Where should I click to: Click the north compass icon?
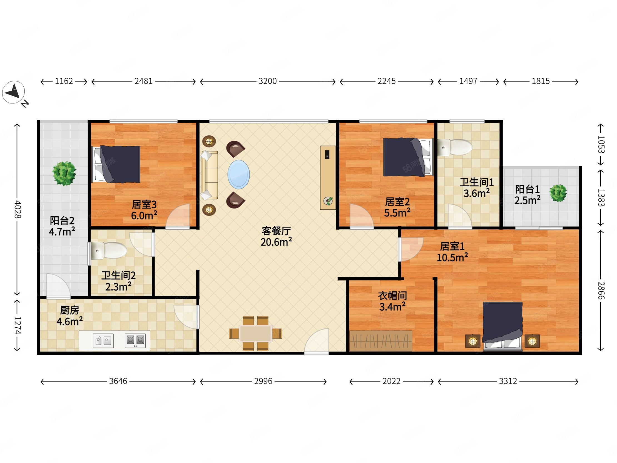pos(13,92)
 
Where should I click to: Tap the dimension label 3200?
pos(267,81)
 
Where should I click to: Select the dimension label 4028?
pos(17,209)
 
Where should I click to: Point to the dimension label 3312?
pos(508,381)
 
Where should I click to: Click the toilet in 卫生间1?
pos(455,147)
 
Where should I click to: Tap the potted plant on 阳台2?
pos(64,174)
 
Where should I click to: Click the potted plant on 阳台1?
pos(558,193)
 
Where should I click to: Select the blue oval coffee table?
pos(238,174)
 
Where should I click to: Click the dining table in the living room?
pos(255,333)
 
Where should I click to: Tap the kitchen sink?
pos(103,340)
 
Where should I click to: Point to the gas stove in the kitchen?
pos(135,340)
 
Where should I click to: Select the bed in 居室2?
pos(408,157)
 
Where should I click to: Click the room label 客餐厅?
pos(276,231)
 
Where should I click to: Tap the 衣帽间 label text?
pos(392,296)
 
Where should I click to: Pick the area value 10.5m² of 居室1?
pos(452,257)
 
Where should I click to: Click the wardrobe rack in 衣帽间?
pos(380,341)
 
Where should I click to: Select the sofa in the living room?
pos(210,175)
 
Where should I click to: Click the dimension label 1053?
pos(601,145)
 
